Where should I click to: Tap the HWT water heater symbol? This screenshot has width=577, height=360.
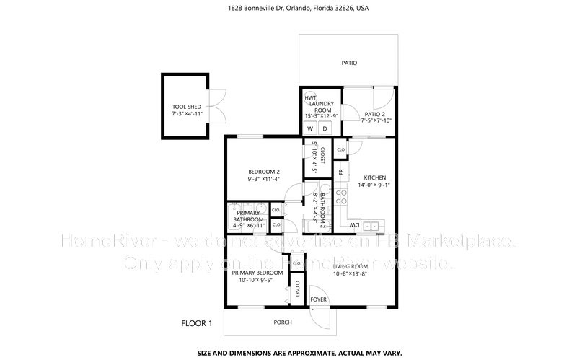[310, 97]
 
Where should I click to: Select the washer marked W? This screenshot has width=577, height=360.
[310, 128]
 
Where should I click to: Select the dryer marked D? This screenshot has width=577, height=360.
[325, 128]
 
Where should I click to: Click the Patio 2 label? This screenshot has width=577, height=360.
[374, 114]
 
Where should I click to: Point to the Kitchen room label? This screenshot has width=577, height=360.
[375, 177]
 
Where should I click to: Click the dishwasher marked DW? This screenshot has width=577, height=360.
[355, 227]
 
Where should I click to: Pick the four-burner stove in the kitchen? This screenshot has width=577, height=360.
[340, 196]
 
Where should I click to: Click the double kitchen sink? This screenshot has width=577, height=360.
[372, 227]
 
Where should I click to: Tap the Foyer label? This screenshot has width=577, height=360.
[318, 299]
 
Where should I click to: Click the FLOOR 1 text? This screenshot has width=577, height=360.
[196, 323]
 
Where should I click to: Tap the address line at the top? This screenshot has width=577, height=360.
[288, 8]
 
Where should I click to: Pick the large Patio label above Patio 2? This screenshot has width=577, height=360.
[349, 63]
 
